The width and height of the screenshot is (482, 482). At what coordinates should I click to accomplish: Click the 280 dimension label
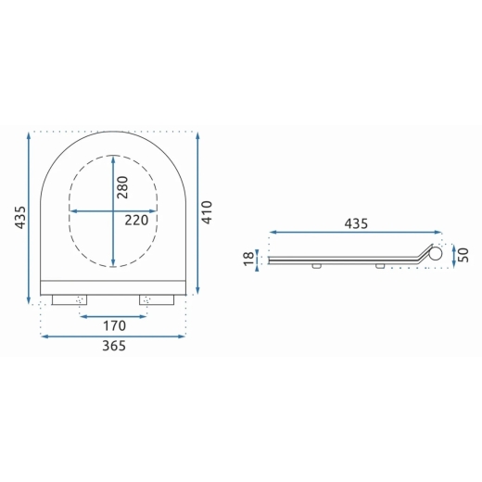122,187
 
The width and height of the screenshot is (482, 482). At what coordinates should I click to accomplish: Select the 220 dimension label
136,221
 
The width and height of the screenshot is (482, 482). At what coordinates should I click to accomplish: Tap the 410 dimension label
207,212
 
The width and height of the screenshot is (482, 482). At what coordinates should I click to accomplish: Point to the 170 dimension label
114,325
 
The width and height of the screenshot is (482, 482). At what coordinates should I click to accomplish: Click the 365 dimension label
114,346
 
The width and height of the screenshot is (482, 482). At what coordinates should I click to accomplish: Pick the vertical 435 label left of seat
20,217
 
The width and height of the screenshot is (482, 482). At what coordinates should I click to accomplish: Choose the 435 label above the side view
356,223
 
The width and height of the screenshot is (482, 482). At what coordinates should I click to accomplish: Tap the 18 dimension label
248,259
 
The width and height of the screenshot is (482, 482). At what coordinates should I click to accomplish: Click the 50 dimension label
463,255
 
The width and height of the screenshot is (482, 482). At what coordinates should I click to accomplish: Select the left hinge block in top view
70,299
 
